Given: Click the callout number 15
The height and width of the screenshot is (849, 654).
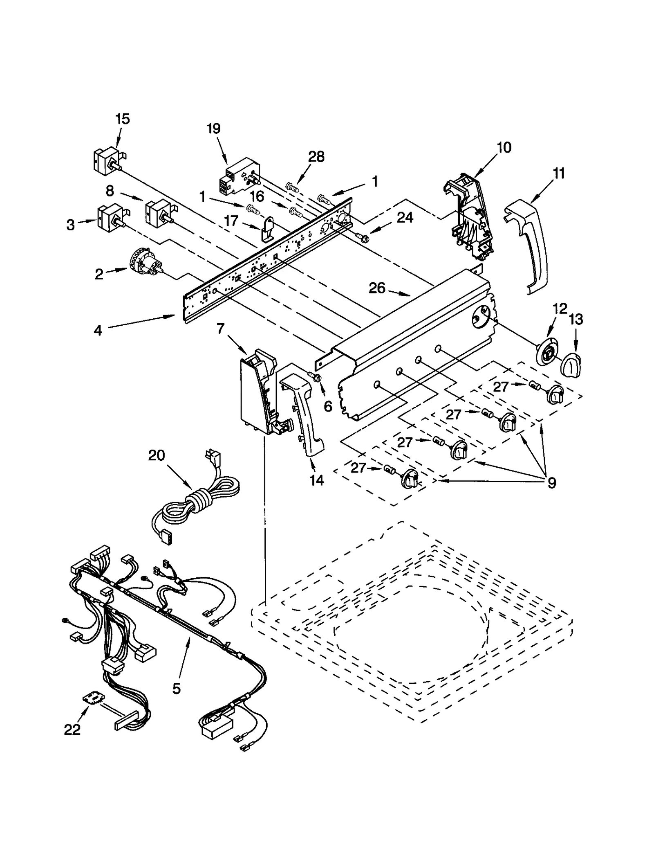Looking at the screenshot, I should click(x=122, y=119).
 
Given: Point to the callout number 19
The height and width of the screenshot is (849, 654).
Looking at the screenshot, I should click(x=213, y=128).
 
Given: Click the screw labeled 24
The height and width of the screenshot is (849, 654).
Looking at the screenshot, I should click(x=362, y=236).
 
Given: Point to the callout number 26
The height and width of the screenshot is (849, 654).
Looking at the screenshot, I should click(x=377, y=288).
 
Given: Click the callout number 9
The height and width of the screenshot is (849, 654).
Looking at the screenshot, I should click(x=551, y=484).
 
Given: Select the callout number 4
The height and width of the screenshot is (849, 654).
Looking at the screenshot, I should click(x=98, y=330).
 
